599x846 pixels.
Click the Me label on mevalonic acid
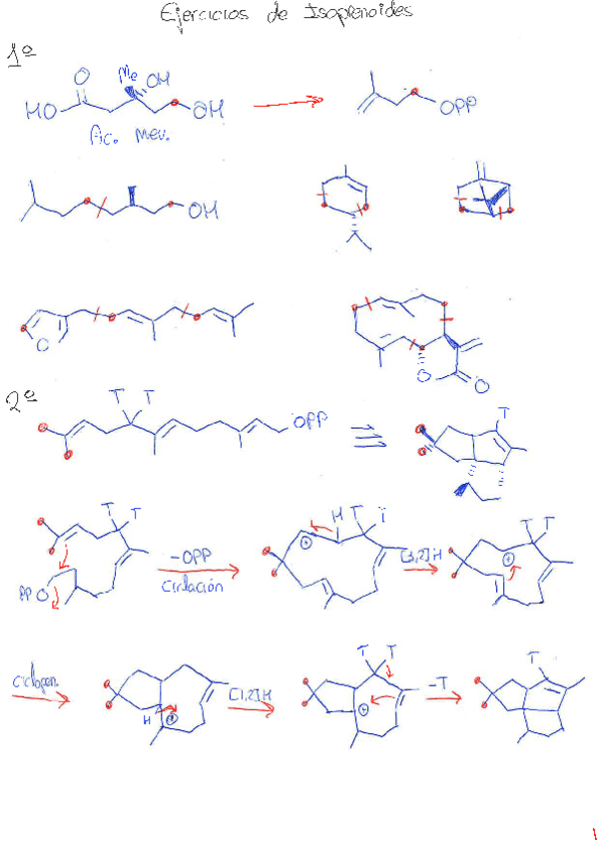128,73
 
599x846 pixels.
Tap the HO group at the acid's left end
42,113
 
